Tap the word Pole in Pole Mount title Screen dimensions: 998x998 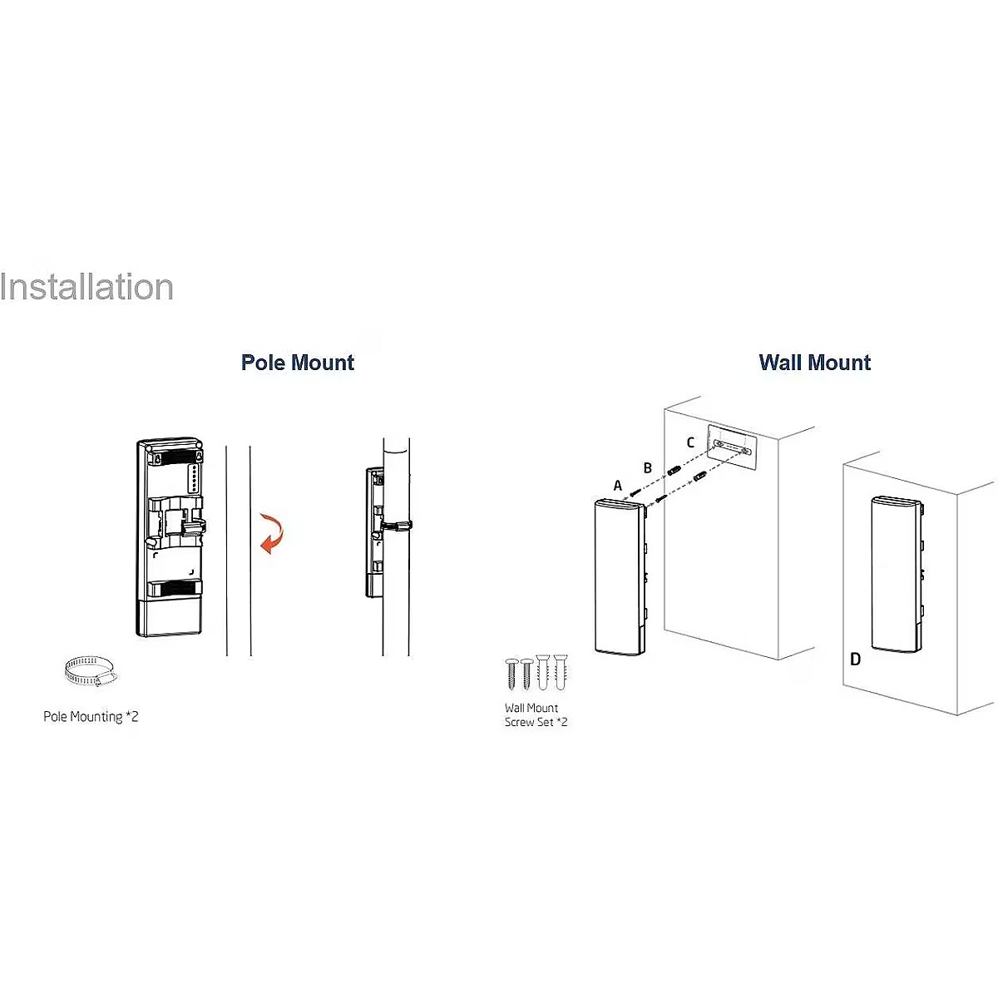coord(263,363)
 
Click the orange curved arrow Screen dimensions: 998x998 coord(271,533)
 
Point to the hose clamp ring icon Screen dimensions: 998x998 coord(90,672)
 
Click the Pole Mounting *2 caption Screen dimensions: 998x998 coord(91,717)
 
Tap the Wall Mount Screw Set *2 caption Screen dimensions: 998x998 coord(536,714)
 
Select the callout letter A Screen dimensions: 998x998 coord(617,485)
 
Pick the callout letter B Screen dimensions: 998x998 coord(647,467)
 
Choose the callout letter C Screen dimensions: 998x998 coord(690,442)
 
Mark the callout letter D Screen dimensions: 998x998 coord(856,660)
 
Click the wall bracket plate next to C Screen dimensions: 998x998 coord(733,447)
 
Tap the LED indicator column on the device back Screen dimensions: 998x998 coord(195,478)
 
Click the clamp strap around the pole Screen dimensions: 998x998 coord(396,525)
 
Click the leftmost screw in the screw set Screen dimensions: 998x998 coord(511,674)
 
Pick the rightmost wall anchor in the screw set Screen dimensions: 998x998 coord(561,672)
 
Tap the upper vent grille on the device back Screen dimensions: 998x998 coord(175,457)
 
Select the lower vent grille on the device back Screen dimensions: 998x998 coord(175,589)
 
